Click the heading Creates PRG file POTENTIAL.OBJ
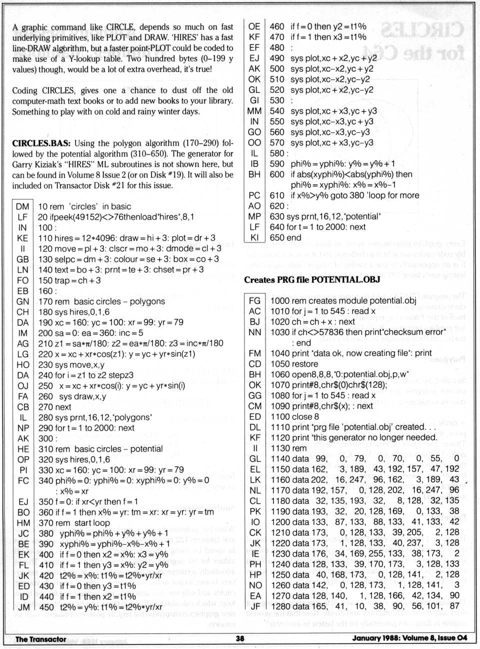pyautogui.click(x=312, y=279)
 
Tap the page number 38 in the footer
pyautogui.click(x=240, y=638)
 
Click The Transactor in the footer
pyautogui.click(x=40, y=639)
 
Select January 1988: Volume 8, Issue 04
pyautogui.click(x=409, y=638)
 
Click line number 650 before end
pyautogui.click(x=276, y=237)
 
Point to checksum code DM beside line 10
pyautogui.click(x=22, y=206)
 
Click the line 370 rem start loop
pyautogui.click(x=74, y=522)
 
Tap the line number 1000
pyautogui.click(x=280, y=300)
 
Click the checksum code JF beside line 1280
pyautogui.click(x=254, y=606)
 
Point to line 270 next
pyautogui.click(x=54, y=407)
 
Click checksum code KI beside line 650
pyautogui.click(x=254, y=237)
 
